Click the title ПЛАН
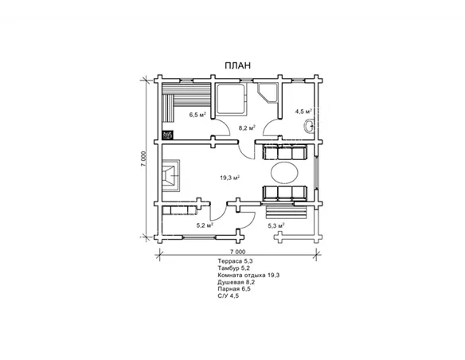(237, 65)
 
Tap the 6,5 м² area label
(197, 115)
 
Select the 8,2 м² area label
(247, 128)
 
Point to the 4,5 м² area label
(303, 112)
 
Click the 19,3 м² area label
(229, 178)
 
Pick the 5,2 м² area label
(205, 225)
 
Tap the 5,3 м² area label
(276, 225)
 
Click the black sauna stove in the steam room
(167, 135)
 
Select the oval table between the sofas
(284, 173)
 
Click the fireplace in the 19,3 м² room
(171, 175)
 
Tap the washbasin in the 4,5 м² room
(309, 126)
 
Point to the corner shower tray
(268, 93)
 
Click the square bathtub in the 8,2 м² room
(231, 99)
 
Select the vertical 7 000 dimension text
(143, 159)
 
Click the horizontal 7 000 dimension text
(237, 252)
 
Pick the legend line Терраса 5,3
(235, 261)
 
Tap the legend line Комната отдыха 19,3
(248, 275)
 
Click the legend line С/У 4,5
(228, 295)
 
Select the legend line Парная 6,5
(234, 288)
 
